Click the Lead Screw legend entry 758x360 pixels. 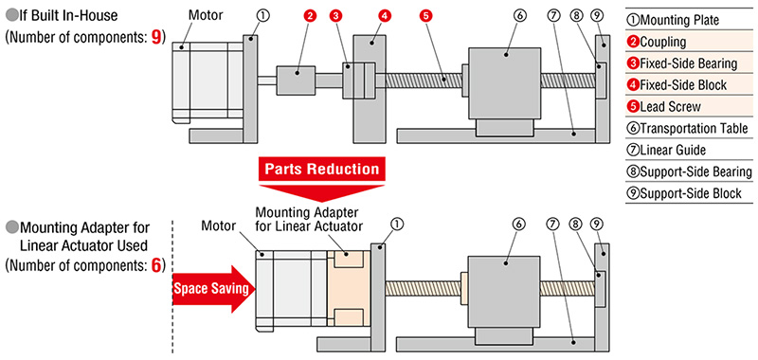(664, 106)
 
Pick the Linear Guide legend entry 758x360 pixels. (666, 151)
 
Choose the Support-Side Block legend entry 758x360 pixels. (683, 193)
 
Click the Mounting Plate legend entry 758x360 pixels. (673, 20)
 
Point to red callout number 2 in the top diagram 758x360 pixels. (311, 15)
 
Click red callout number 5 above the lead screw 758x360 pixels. (424, 15)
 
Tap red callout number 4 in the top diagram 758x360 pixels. (384, 15)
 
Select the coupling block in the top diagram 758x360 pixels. (296, 81)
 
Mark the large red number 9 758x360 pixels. (156, 38)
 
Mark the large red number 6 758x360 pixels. (155, 266)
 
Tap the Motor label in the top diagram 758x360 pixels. (206, 15)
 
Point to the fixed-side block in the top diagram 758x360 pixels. (370, 89)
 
